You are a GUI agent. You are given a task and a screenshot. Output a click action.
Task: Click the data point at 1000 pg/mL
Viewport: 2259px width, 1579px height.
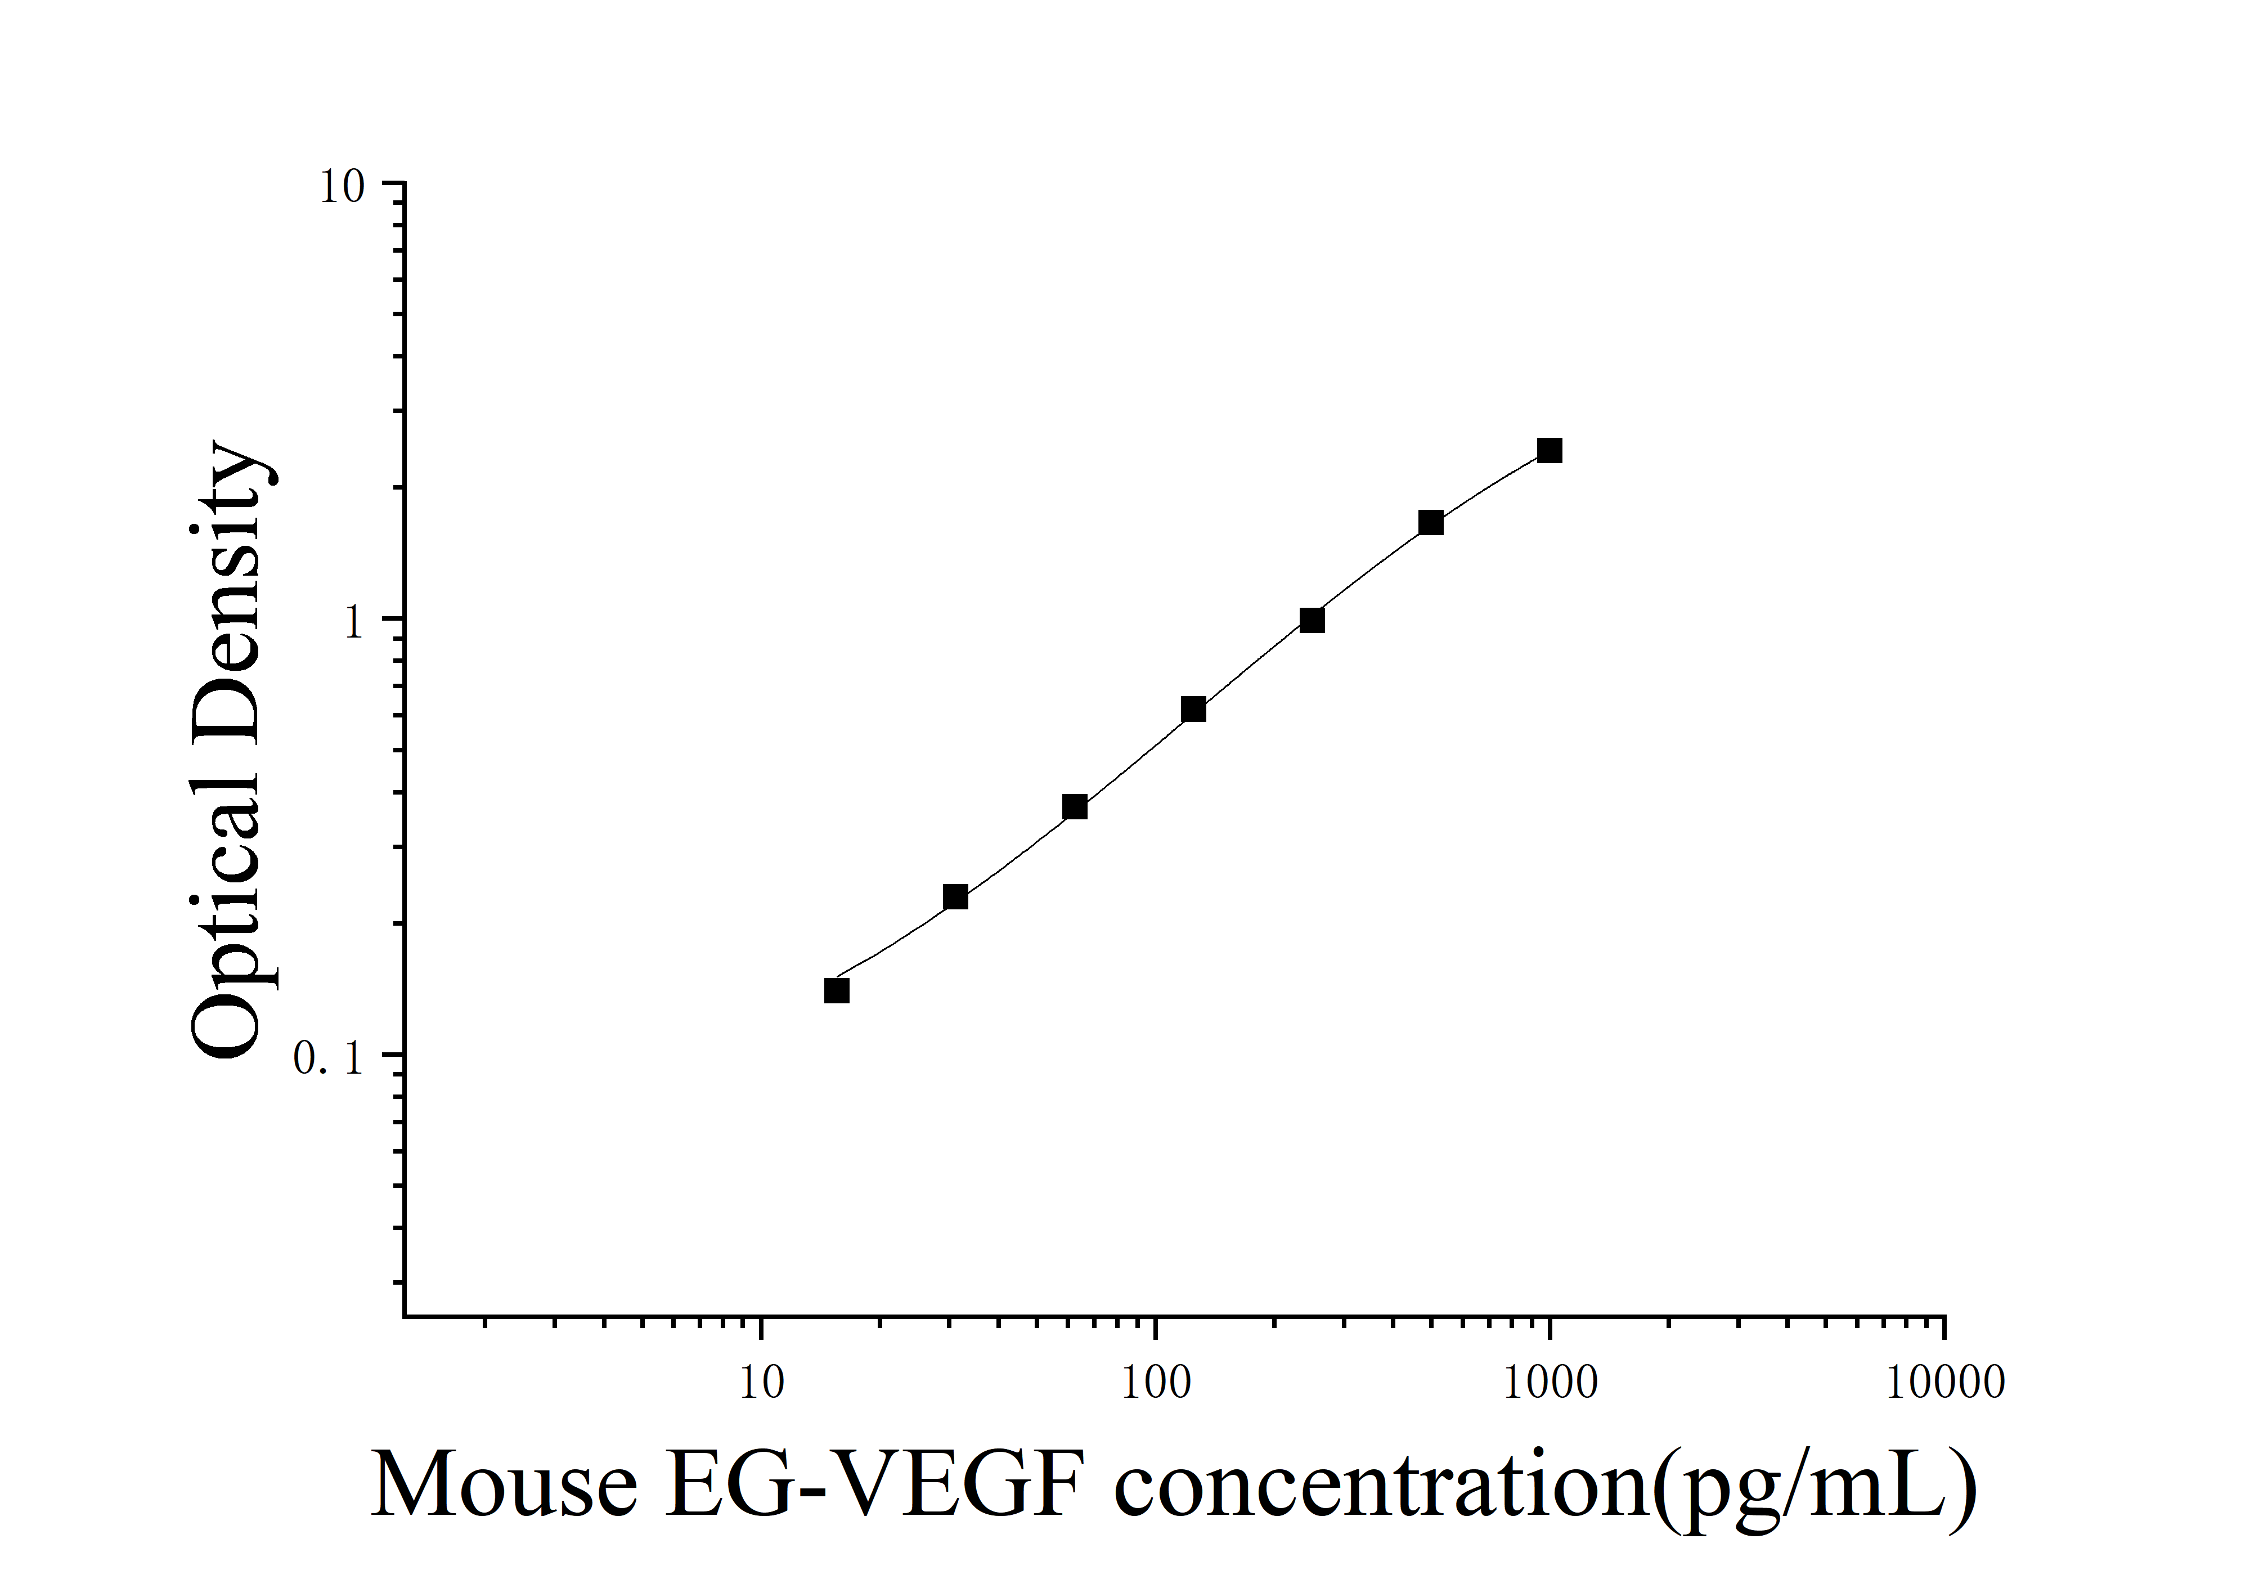[x=1550, y=451]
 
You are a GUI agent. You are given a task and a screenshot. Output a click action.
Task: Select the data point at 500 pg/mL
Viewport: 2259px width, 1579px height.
[x=1431, y=522]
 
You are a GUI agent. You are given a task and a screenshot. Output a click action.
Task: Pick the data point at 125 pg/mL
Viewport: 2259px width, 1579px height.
[x=1193, y=710]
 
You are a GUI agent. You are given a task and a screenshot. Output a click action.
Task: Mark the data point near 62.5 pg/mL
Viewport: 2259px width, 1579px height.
[x=1075, y=807]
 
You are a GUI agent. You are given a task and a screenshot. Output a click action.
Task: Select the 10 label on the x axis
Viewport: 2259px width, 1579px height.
[x=761, y=1383]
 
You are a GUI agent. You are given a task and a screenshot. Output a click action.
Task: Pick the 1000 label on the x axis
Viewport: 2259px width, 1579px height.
[x=1551, y=1383]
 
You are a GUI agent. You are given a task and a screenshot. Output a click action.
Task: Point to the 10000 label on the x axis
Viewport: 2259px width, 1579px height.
[x=1945, y=1383]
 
